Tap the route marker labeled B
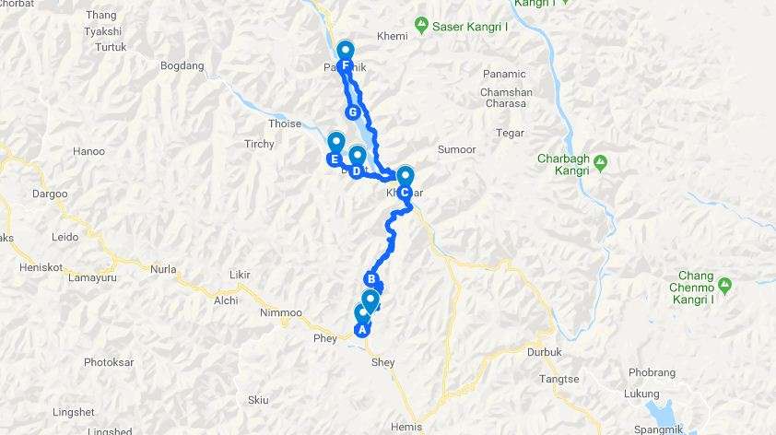(371, 280)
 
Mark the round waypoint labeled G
(351, 112)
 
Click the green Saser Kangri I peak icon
(421, 23)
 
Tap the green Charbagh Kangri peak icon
(600, 163)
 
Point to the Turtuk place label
(111, 47)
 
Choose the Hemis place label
(406, 427)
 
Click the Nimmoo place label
(281, 313)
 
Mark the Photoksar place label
(111, 362)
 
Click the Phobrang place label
(653, 373)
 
